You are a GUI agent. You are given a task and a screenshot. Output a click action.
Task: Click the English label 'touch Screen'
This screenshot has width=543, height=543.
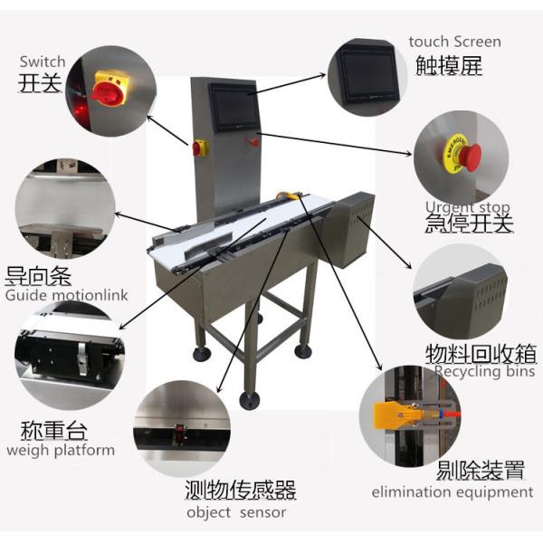click(454, 42)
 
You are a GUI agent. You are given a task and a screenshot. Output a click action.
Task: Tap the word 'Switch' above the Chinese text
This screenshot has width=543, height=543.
click(43, 62)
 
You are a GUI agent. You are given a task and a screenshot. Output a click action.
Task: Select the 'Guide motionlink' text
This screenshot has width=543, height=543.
click(67, 295)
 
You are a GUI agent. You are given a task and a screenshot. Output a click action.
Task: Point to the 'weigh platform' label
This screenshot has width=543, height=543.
click(61, 450)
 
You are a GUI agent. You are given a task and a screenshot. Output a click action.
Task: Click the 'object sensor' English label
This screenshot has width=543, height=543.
click(236, 512)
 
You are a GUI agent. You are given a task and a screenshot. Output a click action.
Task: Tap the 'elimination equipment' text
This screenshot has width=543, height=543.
click(452, 492)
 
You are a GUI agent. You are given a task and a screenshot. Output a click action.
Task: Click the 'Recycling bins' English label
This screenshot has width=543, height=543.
click(484, 371)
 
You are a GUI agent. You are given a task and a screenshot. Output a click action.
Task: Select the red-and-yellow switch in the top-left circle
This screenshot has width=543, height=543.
click(108, 89)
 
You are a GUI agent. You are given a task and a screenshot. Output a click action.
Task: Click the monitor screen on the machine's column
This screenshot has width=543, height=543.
click(233, 106)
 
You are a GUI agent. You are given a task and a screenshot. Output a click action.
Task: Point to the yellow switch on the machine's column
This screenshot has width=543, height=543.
click(199, 147)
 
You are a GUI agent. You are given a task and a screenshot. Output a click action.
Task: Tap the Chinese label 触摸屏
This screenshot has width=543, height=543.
click(448, 65)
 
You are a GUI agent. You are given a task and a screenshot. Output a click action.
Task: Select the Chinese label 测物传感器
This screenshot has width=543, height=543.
click(240, 491)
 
